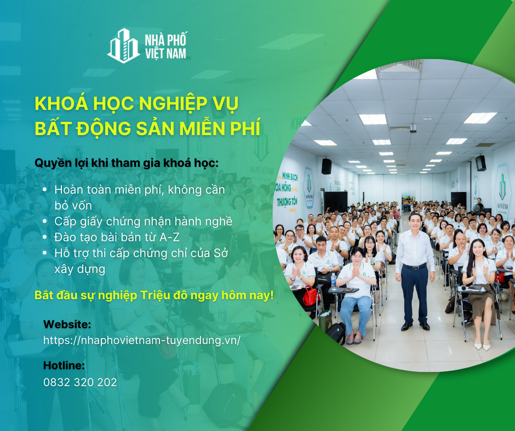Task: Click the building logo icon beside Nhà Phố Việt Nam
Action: [123, 46]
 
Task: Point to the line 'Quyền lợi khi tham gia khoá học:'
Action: [126, 163]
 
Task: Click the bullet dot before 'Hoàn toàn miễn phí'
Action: [44, 190]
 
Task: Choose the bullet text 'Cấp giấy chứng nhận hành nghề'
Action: [144, 222]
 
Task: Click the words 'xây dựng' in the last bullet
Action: [79, 269]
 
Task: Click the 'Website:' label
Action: [67, 324]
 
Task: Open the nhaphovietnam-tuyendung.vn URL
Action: [142, 340]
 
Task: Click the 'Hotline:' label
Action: [64, 365]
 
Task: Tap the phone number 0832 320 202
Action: [80, 382]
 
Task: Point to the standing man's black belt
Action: [414, 266]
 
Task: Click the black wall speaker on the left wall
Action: [326, 166]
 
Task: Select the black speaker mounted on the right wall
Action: [480, 162]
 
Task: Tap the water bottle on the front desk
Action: [334, 281]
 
